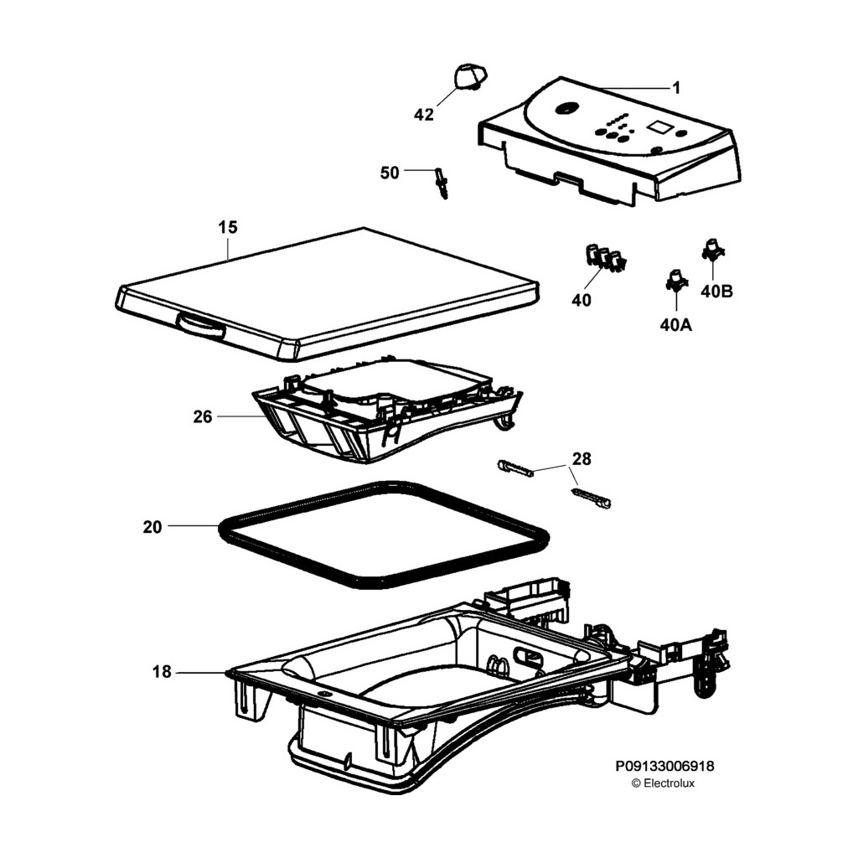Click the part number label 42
click(425, 115)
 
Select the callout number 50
click(390, 173)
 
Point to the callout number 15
click(228, 227)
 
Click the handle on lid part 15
click(200, 326)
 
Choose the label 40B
click(716, 292)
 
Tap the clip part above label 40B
click(712, 248)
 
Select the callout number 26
click(203, 416)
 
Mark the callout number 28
click(581, 458)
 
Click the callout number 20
click(152, 526)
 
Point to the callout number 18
click(162, 672)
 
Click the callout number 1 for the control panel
click(677, 87)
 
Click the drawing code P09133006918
click(665, 766)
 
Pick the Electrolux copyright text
click(663, 783)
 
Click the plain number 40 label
click(581, 300)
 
